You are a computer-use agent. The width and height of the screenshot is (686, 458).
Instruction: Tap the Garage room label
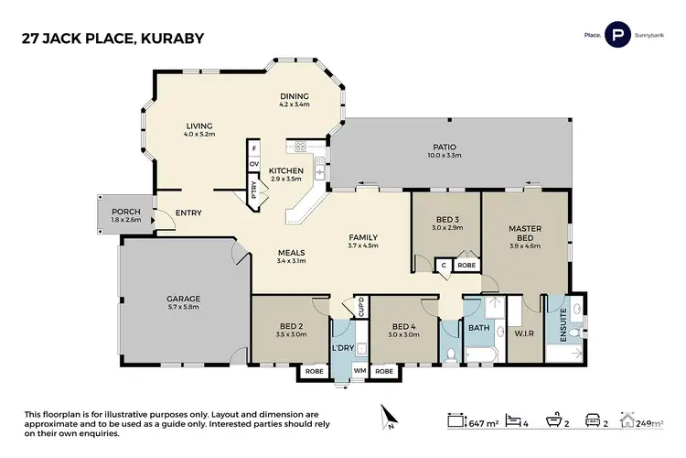(x=183, y=300)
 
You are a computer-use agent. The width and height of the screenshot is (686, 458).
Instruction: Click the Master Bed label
(x=525, y=233)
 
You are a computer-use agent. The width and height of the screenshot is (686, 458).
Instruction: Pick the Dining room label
(x=294, y=96)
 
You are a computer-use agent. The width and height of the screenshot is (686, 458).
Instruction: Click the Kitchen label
(x=285, y=170)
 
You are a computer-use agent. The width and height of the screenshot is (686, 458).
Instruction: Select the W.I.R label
(x=524, y=333)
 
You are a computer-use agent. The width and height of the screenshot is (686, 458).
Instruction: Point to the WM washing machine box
(x=359, y=372)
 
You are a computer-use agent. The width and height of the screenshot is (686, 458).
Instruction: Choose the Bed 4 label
(x=404, y=326)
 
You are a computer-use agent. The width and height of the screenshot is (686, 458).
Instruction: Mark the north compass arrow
(x=389, y=419)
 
